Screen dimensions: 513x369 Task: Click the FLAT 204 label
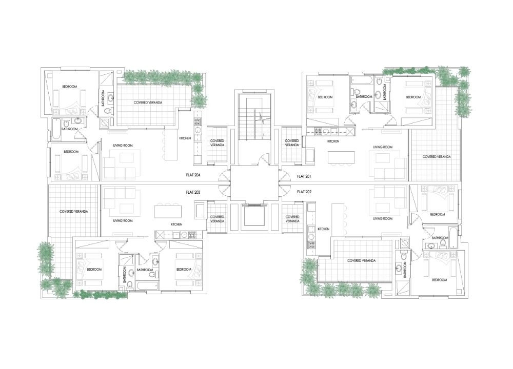[193, 175]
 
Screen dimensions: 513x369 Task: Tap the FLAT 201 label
[304, 176]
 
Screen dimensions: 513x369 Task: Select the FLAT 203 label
[193, 192]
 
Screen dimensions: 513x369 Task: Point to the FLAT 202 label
[304, 192]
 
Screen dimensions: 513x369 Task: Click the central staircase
[254, 117]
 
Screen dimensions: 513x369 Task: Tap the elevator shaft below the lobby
[254, 215]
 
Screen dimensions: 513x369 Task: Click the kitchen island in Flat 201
[341, 157]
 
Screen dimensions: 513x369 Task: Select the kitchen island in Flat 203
[168, 211]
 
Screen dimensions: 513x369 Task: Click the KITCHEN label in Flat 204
[185, 138]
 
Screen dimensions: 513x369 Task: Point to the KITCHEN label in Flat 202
[323, 229]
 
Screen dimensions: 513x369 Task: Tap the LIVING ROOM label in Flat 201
[383, 147]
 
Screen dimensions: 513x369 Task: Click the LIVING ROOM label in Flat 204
[123, 146]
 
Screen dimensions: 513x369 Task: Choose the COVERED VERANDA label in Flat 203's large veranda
[73, 212]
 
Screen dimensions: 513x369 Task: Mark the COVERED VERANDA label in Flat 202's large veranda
[361, 261]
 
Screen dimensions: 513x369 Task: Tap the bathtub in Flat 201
[361, 80]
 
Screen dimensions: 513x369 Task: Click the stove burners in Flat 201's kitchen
[318, 132]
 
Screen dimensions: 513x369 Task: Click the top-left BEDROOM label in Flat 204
[70, 87]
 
